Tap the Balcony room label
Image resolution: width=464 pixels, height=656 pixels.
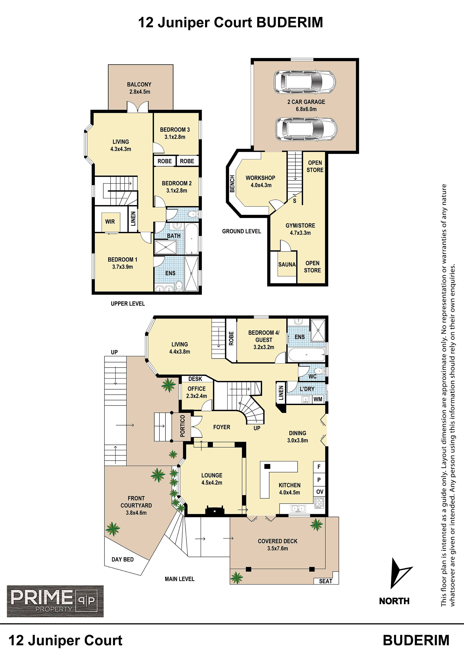[139, 84]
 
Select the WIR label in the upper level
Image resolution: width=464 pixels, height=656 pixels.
[110, 221]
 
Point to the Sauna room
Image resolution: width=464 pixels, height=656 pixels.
[287, 264]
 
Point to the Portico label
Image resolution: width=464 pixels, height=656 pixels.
[183, 426]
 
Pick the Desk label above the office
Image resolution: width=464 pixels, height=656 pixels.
[195, 379]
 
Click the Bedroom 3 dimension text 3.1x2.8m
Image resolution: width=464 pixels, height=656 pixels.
[175, 137]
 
